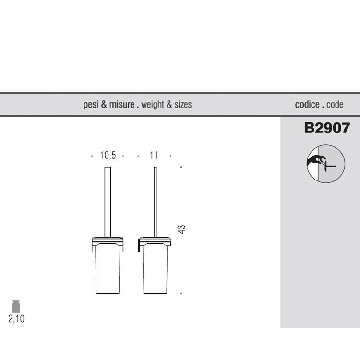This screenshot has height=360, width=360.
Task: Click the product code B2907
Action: [x=327, y=128]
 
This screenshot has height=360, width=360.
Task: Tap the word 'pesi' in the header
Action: [x=91, y=105]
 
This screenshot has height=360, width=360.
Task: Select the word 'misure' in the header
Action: [x=122, y=105]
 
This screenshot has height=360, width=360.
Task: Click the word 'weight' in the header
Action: [x=153, y=105]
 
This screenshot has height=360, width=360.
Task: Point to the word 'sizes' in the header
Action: [x=183, y=105]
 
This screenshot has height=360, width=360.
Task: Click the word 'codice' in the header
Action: [x=307, y=105]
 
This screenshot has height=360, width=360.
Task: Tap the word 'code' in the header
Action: [x=335, y=105]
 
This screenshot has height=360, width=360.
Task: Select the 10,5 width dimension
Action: [x=108, y=156]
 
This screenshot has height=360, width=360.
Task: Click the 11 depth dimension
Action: [x=154, y=156]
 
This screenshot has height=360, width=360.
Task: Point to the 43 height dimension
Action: [x=181, y=229]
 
